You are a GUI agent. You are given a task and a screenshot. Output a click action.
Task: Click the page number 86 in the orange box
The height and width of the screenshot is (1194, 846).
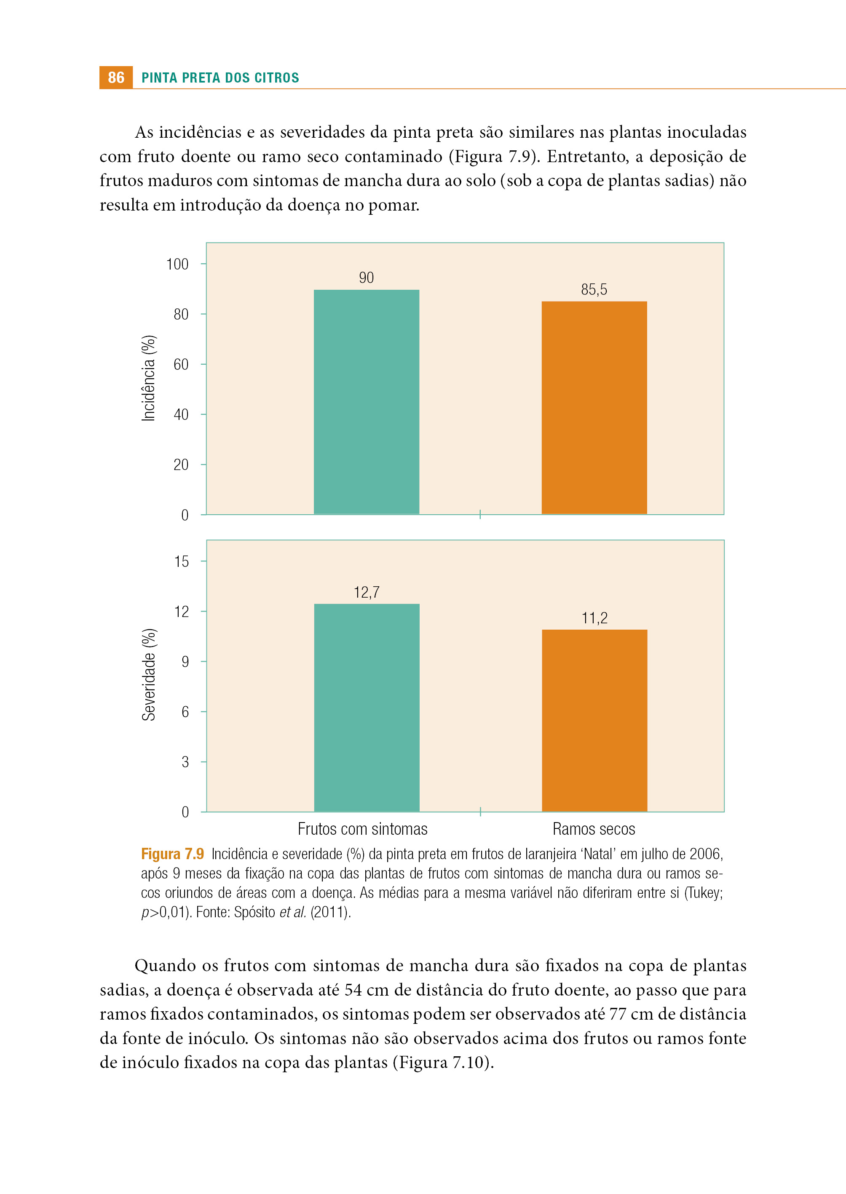116,77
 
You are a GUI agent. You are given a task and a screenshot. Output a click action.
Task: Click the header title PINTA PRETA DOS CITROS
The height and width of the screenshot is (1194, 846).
220,78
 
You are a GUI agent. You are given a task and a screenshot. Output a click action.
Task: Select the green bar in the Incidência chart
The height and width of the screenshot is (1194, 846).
366,402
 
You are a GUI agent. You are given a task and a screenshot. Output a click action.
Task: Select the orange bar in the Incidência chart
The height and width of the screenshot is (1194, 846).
594,408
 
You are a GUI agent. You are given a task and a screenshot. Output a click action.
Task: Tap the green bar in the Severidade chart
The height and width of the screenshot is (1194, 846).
367,708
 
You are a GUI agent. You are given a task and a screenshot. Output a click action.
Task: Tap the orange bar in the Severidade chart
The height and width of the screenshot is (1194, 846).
594,721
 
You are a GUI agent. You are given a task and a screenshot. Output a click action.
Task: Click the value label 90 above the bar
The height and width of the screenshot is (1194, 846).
366,278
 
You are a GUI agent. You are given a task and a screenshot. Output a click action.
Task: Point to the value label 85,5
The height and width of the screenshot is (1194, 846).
594,289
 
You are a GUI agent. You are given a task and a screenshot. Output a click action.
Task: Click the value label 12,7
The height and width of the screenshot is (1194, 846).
367,592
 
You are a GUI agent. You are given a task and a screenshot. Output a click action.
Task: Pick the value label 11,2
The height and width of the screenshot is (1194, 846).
594,618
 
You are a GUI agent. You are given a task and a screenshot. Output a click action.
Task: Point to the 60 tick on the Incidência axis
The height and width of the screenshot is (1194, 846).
181,364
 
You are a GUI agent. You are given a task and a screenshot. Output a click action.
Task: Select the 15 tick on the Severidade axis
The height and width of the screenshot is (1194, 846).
181,561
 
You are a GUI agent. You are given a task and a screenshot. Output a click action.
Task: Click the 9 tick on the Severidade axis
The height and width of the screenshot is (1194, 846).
185,662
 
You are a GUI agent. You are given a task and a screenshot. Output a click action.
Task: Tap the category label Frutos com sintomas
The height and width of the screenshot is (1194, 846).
363,829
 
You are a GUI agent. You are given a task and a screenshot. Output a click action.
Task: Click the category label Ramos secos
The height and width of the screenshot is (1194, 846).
594,829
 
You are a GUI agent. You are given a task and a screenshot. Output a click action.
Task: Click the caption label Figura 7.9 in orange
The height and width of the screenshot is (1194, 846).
172,854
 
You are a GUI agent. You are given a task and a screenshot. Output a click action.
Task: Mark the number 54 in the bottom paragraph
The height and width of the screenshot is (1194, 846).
353,989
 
